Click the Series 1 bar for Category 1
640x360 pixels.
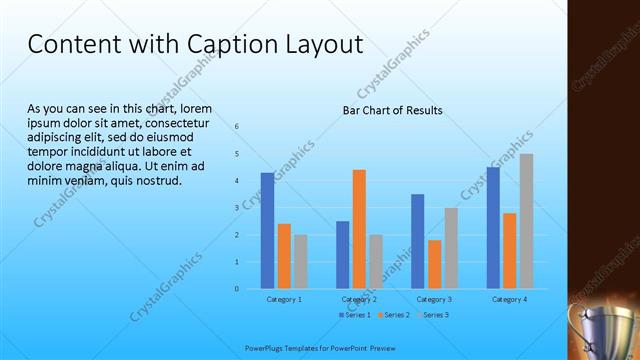pyautogui.click(x=267, y=231)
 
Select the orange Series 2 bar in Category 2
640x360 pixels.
pyautogui.click(x=359, y=229)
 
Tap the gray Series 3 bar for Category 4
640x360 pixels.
pyautogui.click(x=526, y=221)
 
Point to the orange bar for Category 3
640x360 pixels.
pyautogui.click(x=434, y=264)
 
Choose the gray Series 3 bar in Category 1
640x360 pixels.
pyautogui.click(x=301, y=262)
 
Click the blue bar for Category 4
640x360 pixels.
pyautogui.click(x=493, y=228)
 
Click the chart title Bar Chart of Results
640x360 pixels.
pyautogui.click(x=392, y=110)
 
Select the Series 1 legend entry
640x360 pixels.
pyautogui.click(x=356, y=315)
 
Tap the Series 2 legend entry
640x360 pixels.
pyautogui.click(x=394, y=315)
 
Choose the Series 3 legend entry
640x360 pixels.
pyautogui.click(x=434, y=315)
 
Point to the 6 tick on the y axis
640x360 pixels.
pyautogui.click(x=237, y=127)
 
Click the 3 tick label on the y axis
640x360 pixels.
pyautogui.click(x=237, y=208)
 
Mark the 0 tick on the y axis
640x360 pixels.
pyautogui.click(x=237, y=289)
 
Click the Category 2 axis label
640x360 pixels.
pyautogui.click(x=359, y=299)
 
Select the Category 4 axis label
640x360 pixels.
pyautogui.click(x=509, y=299)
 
